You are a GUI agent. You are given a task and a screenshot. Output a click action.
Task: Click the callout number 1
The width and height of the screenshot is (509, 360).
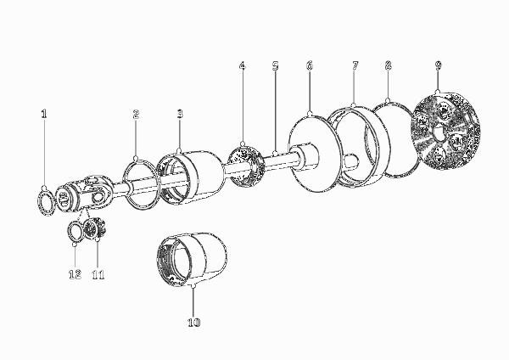tap(44, 114)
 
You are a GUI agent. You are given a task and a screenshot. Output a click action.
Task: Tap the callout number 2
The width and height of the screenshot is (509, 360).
tap(136, 114)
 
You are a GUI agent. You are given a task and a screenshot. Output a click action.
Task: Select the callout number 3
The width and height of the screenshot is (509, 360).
tap(180, 114)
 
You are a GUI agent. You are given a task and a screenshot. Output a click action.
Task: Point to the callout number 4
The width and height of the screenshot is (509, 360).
tap(242, 65)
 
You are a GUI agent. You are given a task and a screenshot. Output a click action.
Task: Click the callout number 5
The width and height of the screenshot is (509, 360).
tap(275, 66)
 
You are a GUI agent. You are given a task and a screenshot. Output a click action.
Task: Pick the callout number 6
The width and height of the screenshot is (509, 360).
tap(310, 65)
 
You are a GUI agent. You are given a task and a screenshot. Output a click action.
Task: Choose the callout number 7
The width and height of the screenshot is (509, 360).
tap(355, 65)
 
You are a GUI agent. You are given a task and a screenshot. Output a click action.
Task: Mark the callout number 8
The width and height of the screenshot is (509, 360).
tap(388, 65)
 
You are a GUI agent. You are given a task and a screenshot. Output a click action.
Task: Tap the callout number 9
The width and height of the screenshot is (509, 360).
tap(439, 65)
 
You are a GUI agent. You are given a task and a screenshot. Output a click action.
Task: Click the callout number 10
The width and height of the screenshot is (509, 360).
tap(193, 323)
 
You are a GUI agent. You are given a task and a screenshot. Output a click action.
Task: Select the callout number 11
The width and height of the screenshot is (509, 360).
tap(98, 275)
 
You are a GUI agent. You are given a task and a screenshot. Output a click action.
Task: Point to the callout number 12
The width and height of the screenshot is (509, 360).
tap(75, 274)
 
